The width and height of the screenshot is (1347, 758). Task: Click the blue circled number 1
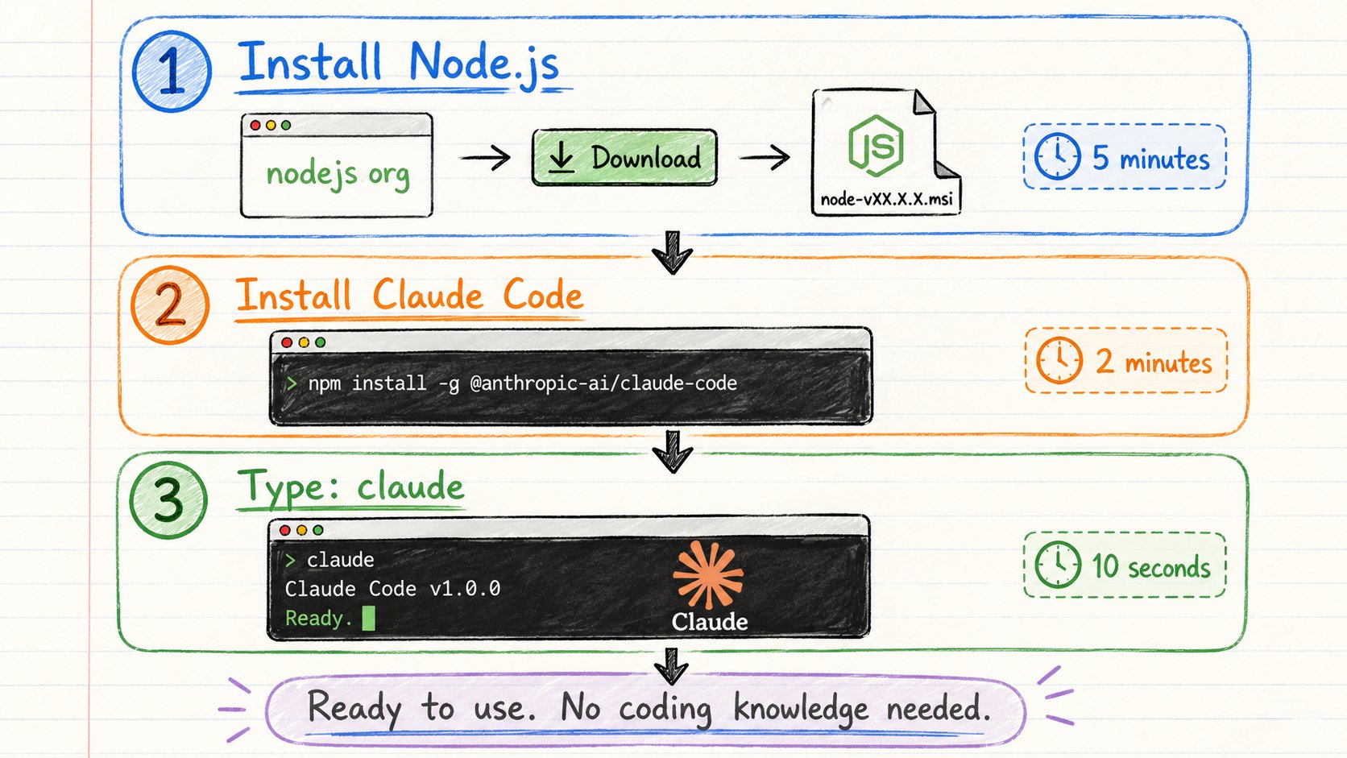click(x=172, y=72)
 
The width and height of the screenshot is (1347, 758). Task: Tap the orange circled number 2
click(x=170, y=304)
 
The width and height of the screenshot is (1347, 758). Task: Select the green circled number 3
click(x=168, y=499)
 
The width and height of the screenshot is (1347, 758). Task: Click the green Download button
click(x=625, y=158)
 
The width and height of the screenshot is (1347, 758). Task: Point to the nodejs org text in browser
click(x=338, y=174)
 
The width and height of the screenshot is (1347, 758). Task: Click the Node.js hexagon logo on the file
click(x=876, y=146)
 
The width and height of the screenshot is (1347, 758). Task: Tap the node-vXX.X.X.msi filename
click(x=886, y=199)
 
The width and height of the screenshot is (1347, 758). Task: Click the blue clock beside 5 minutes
click(x=1058, y=156)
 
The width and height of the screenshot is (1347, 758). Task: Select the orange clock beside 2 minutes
click(x=1059, y=361)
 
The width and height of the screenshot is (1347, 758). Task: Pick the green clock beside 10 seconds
click(x=1058, y=565)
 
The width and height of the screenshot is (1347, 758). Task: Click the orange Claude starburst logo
click(x=708, y=574)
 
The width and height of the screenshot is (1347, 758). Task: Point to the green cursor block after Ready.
click(x=369, y=618)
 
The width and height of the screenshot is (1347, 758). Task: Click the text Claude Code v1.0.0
click(x=392, y=589)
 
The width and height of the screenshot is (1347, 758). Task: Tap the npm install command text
click(x=522, y=383)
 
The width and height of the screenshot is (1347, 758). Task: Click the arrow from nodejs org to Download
click(x=485, y=158)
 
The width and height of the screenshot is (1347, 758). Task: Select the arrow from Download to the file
click(x=765, y=158)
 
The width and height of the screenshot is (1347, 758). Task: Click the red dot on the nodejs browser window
click(x=255, y=125)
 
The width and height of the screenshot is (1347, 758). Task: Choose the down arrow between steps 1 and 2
click(x=673, y=252)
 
